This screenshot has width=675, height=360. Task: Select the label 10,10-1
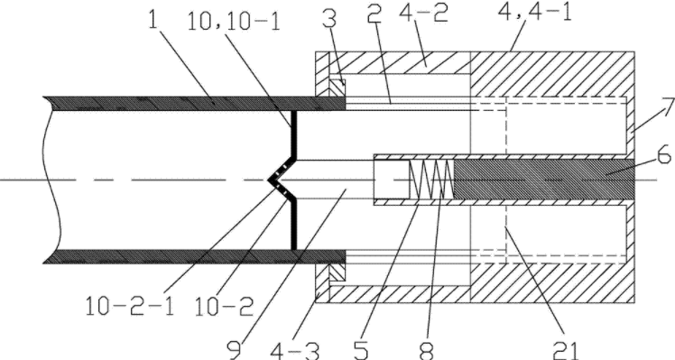(x=235, y=20)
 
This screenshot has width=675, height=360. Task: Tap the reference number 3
(x=328, y=19)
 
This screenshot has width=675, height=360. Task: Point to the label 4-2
(x=424, y=13)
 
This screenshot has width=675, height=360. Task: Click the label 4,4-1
(x=535, y=13)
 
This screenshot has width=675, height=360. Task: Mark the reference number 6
(x=663, y=153)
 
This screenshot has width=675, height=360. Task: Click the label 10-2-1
(x=130, y=307)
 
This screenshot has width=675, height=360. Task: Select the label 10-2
(x=224, y=307)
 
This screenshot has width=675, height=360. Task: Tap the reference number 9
(x=235, y=349)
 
